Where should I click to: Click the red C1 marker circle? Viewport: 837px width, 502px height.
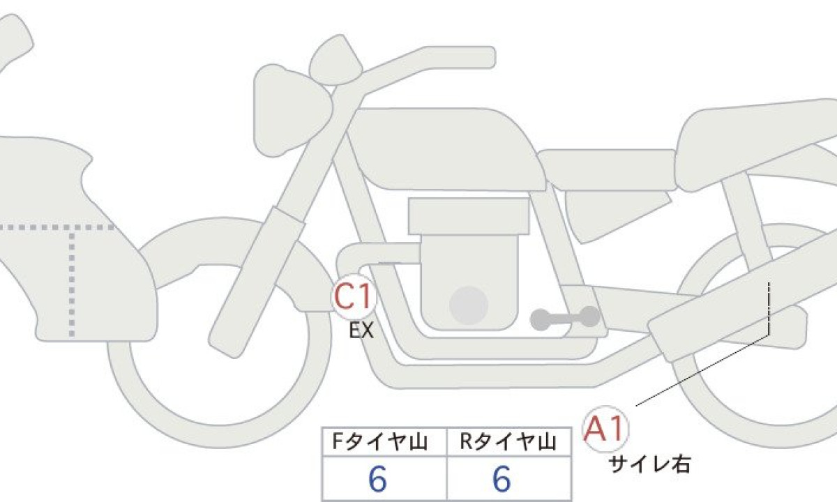(353, 296)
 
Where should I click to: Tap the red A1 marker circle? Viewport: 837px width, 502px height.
(605, 429)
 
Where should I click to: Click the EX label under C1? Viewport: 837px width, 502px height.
(361, 330)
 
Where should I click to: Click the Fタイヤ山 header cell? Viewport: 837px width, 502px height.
(384, 442)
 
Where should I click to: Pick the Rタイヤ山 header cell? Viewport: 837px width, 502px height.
(509, 442)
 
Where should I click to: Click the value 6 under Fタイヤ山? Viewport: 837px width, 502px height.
(377, 479)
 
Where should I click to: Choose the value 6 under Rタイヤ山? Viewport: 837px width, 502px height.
(502, 479)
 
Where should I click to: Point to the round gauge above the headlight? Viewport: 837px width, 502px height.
(335, 60)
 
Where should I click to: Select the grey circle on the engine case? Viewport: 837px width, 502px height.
(469, 305)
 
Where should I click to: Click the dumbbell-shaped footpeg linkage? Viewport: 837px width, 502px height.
(565, 318)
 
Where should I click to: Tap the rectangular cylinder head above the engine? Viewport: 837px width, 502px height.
(469, 216)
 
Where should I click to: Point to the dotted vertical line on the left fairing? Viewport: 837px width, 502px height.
(72, 284)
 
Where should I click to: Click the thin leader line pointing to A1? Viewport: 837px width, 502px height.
(702, 370)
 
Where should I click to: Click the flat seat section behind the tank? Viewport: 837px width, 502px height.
(608, 170)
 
